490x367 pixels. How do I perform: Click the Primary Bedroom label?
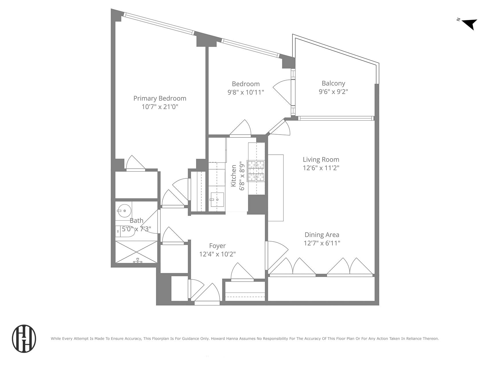coord(160,98)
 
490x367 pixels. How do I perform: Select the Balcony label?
coord(333,83)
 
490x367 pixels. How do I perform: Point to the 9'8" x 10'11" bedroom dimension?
coord(246,92)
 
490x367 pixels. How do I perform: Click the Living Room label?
coord(321,159)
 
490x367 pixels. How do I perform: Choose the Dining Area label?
coord(321,235)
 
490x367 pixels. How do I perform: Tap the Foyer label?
coord(217,246)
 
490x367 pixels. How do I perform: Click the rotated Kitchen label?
coord(234,175)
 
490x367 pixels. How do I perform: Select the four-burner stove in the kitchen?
coord(256,171)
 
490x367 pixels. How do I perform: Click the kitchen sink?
coord(217,200)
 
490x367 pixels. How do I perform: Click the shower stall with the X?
coord(136,252)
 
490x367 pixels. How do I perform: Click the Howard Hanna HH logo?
coord(24,338)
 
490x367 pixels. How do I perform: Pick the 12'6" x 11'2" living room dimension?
coord(321,168)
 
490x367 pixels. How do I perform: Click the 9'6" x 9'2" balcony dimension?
coord(333,92)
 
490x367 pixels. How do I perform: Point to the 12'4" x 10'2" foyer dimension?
coord(217,254)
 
